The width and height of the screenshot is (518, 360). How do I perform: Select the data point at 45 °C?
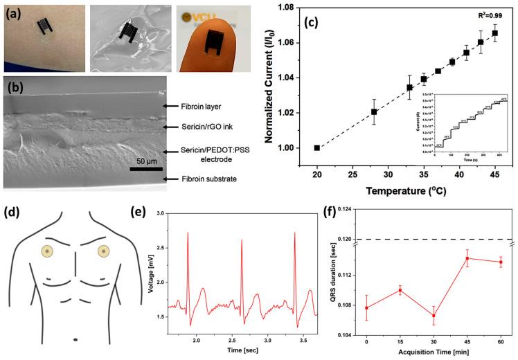click(x=494, y=33)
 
